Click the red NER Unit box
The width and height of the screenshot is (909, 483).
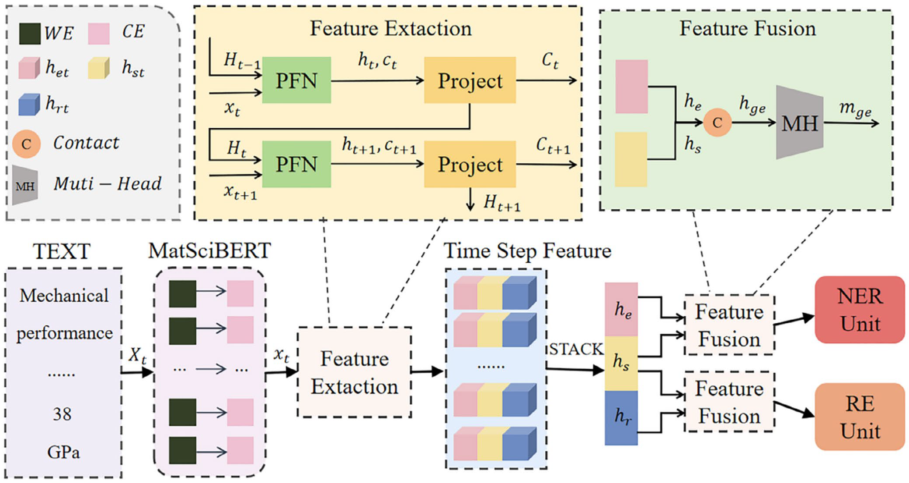(860, 310)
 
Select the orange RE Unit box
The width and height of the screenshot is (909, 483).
(860, 416)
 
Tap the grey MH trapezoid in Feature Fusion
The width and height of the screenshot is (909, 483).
(800, 123)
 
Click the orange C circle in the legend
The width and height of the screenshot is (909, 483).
(26, 144)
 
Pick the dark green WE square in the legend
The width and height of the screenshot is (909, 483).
(30, 34)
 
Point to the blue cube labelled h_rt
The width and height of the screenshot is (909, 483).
(29, 105)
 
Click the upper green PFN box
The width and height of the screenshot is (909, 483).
(296, 80)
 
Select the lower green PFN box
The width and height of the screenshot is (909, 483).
(296, 164)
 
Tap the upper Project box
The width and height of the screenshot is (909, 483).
(470, 80)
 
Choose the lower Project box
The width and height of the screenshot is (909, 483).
(470, 164)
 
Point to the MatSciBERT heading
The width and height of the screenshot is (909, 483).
(209, 251)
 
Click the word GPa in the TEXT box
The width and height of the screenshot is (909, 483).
(63, 452)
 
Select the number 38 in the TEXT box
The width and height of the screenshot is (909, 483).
(62, 414)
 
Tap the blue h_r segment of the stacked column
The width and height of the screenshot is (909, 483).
(621, 417)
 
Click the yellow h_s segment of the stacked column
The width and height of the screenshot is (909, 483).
(621, 363)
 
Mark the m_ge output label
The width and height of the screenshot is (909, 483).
(855, 109)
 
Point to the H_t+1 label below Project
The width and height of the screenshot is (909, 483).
(502, 203)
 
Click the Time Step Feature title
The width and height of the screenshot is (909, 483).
(527, 251)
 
